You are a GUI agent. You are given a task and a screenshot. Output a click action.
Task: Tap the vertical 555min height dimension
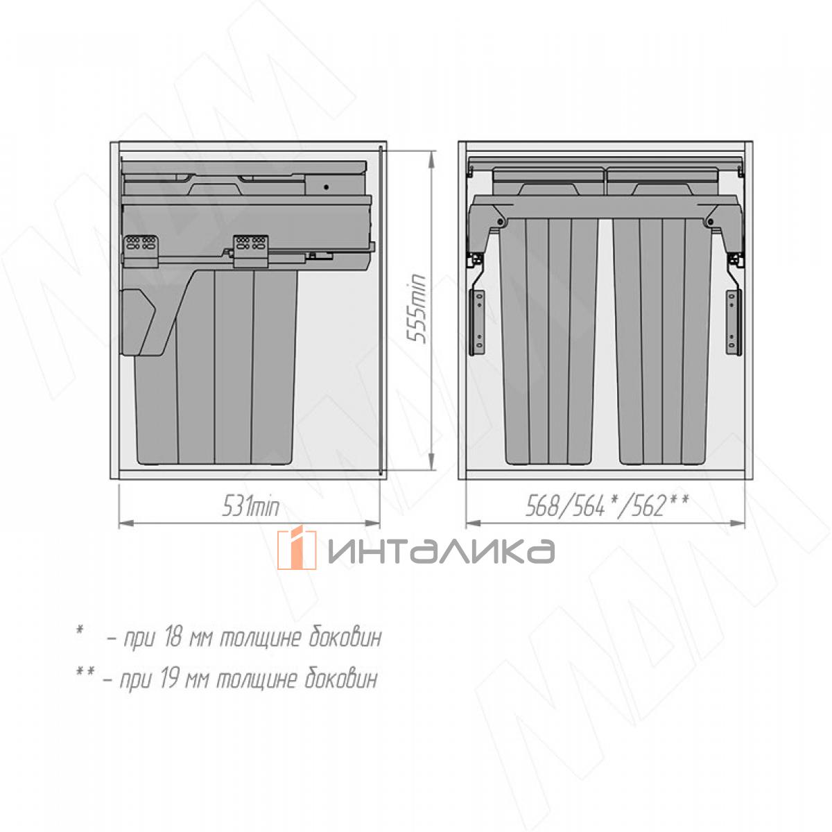[x=417, y=309]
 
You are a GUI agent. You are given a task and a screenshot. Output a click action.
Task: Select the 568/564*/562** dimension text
[x=607, y=505]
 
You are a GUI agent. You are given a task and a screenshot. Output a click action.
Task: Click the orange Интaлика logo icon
[x=297, y=549]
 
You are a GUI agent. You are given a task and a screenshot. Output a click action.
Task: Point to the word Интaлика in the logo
[x=441, y=551]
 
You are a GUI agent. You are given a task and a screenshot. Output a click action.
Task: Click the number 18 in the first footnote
[x=173, y=639]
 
